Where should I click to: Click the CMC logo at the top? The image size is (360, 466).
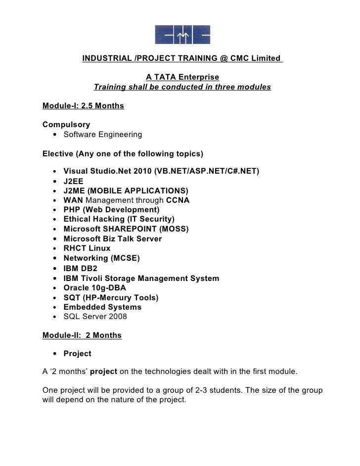(x=182, y=35)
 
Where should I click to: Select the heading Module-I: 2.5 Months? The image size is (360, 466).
(x=83, y=106)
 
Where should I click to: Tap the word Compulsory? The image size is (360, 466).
(x=66, y=125)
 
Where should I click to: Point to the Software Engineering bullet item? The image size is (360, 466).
(x=103, y=135)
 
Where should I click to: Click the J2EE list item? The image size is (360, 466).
(x=74, y=181)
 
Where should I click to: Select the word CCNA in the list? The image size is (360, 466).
(x=178, y=200)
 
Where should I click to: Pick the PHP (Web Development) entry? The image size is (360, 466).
(x=112, y=210)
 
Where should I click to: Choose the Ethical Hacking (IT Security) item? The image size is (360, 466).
(x=119, y=219)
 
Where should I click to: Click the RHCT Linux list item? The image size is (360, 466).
(x=87, y=248)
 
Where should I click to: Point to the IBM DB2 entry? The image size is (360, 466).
(x=81, y=268)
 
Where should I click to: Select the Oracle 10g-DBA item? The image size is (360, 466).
(x=95, y=288)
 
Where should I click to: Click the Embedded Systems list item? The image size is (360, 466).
(x=102, y=307)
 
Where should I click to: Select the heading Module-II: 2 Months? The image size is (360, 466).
(x=82, y=335)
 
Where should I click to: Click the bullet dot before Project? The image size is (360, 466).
(x=53, y=354)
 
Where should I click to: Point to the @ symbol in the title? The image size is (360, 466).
(x=224, y=58)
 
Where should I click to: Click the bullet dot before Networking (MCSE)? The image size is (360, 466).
(x=53, y=259)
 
